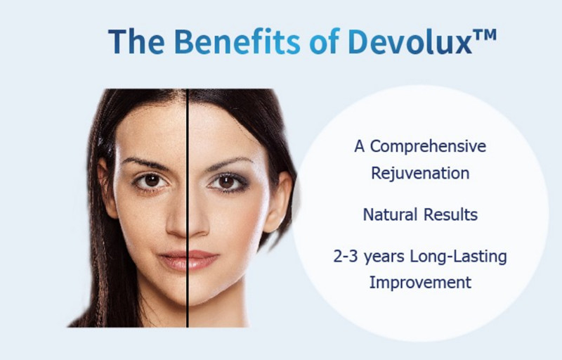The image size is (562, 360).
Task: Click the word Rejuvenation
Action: (420, 172)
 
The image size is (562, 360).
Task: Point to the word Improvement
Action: (420, 283)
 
